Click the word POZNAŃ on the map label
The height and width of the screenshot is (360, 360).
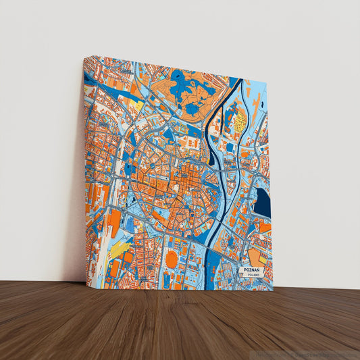[x=251, y=269]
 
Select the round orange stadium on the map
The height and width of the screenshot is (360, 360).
[x=172, y=259]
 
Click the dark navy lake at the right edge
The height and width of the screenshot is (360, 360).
[x=261, y=203]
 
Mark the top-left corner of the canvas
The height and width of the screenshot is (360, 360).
[x=84, y=57]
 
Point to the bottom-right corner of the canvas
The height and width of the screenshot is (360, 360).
[x=273, y=290]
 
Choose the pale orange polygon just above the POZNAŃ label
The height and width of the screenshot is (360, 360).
[x=257, y=257]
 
